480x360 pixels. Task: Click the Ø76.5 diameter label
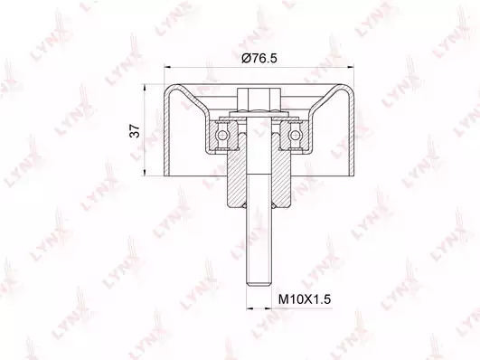259,58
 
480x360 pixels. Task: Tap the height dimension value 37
135,131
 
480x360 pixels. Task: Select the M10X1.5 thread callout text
305,299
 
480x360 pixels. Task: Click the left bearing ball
221,135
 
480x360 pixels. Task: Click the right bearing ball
295,135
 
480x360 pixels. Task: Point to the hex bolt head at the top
259,99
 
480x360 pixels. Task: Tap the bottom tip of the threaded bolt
259,286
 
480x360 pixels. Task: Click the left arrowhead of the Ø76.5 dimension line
167,66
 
